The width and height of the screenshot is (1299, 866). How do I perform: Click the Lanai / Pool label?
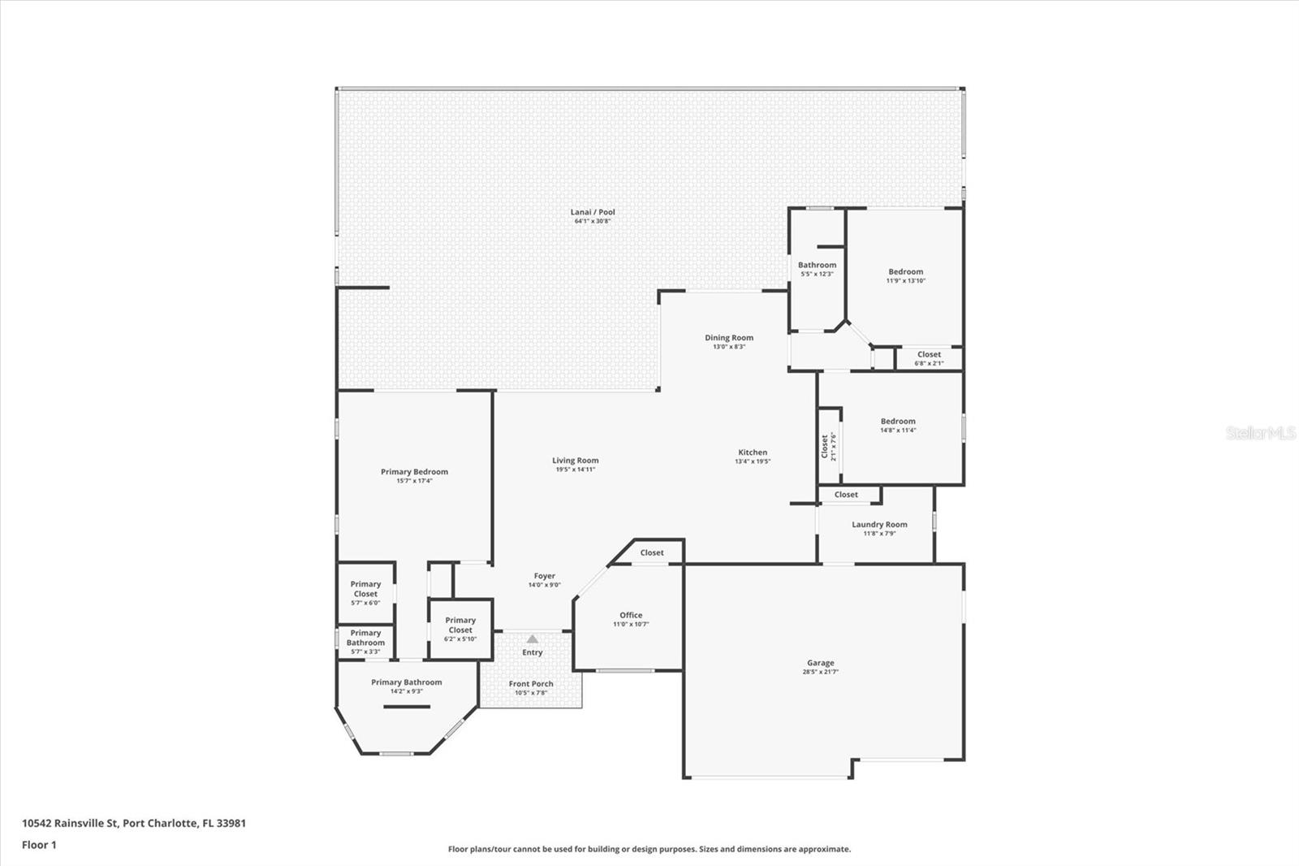(x=592, y=212)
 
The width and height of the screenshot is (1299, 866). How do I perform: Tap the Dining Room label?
(x=728, y=338)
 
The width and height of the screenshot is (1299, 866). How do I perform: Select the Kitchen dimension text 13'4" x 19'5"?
(x=753, y=461)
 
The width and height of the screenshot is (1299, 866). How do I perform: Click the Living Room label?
(x=575, y=461)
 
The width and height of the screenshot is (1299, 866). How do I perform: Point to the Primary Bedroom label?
(x=414, y=472)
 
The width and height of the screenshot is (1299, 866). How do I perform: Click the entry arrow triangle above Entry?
(x=532, y=639)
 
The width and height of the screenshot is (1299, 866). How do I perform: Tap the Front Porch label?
(x=531, y=684)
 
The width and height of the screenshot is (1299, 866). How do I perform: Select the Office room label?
(x=631, y=616)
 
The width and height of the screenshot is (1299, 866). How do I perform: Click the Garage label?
(x=820, y=664)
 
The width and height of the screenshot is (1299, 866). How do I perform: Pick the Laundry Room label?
(x=879, y=525)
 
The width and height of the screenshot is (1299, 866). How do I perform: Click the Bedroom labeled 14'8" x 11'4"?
(x=898, y=422)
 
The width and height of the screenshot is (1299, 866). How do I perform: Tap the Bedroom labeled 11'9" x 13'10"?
(x=905, y=272)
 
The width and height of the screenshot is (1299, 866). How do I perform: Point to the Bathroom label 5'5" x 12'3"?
(x=817, y=266)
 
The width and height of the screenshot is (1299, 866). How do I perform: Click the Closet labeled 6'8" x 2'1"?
(x=929, y=355)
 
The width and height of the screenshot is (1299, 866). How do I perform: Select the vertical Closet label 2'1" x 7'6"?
(x=825, y=446)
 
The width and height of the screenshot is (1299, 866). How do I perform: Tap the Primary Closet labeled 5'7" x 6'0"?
(x=365, y=589)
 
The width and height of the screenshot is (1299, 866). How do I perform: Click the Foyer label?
(x=544, y=577)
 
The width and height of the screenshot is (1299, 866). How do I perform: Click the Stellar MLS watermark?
(x=1261, y=433)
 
